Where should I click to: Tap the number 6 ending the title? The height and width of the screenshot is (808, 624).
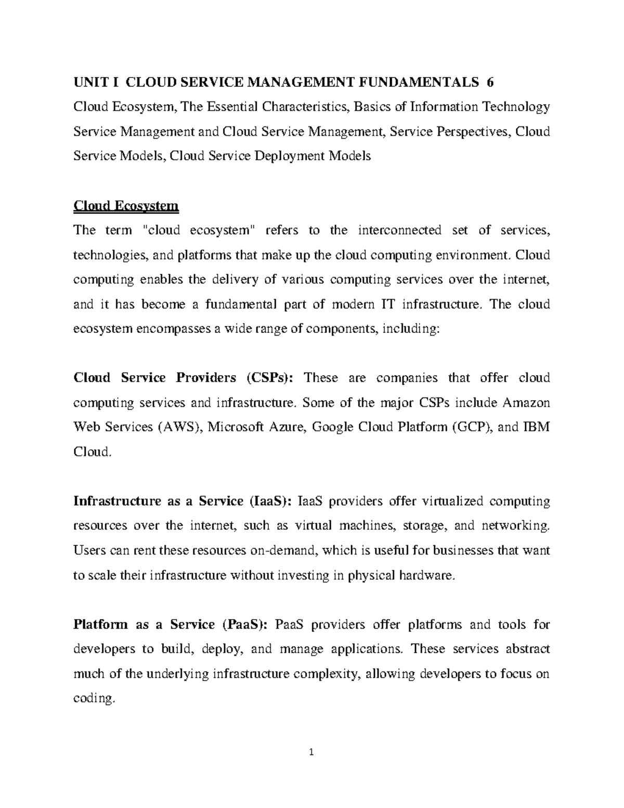tap(490, 82)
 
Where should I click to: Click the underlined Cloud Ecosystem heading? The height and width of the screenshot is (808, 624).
tap(126, 206)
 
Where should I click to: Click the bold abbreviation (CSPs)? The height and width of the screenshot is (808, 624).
tap(270, 378)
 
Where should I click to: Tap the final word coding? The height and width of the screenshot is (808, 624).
tap(93, 699)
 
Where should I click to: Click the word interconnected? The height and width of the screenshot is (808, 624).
tap(392, 230)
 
